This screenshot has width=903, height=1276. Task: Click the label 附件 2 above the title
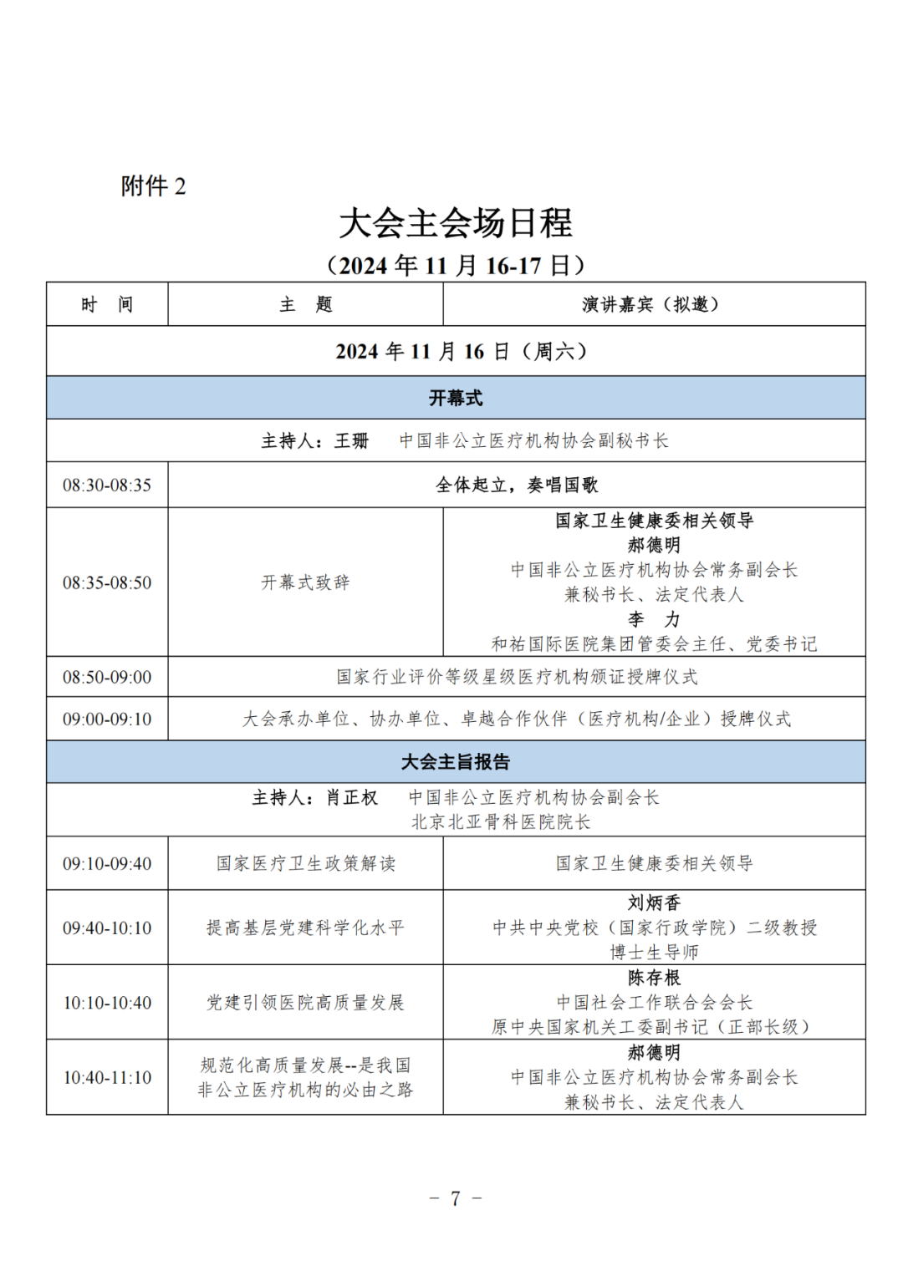point(153,186)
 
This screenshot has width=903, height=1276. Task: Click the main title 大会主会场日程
point(455,223)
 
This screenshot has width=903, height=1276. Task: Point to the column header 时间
point(107,304)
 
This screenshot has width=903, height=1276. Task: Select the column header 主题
point(305,304)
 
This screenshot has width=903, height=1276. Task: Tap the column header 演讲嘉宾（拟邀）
point(653,304)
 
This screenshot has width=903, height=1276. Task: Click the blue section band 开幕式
point(456,398)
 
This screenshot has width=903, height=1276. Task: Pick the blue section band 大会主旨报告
point(456,761)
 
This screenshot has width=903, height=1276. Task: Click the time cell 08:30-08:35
point(107,485)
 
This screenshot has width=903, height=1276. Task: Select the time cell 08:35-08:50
point(107,582)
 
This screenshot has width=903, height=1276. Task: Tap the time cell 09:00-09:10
point(107,719)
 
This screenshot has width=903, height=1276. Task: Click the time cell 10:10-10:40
point(107,1002)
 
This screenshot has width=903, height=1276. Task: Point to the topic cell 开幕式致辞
point(305,582)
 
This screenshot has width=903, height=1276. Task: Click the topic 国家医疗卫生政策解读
point(305,863)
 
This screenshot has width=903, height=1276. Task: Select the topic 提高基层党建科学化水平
point(305,928)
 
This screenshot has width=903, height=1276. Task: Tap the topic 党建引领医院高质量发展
point(305,1002)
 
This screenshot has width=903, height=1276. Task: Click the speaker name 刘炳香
point(654,902)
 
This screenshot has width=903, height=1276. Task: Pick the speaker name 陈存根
point(654,977)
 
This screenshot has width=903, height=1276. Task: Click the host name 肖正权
point(351,798)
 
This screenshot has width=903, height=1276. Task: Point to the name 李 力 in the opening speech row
point(654,619)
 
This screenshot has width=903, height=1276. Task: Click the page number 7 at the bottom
point(455,1198)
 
